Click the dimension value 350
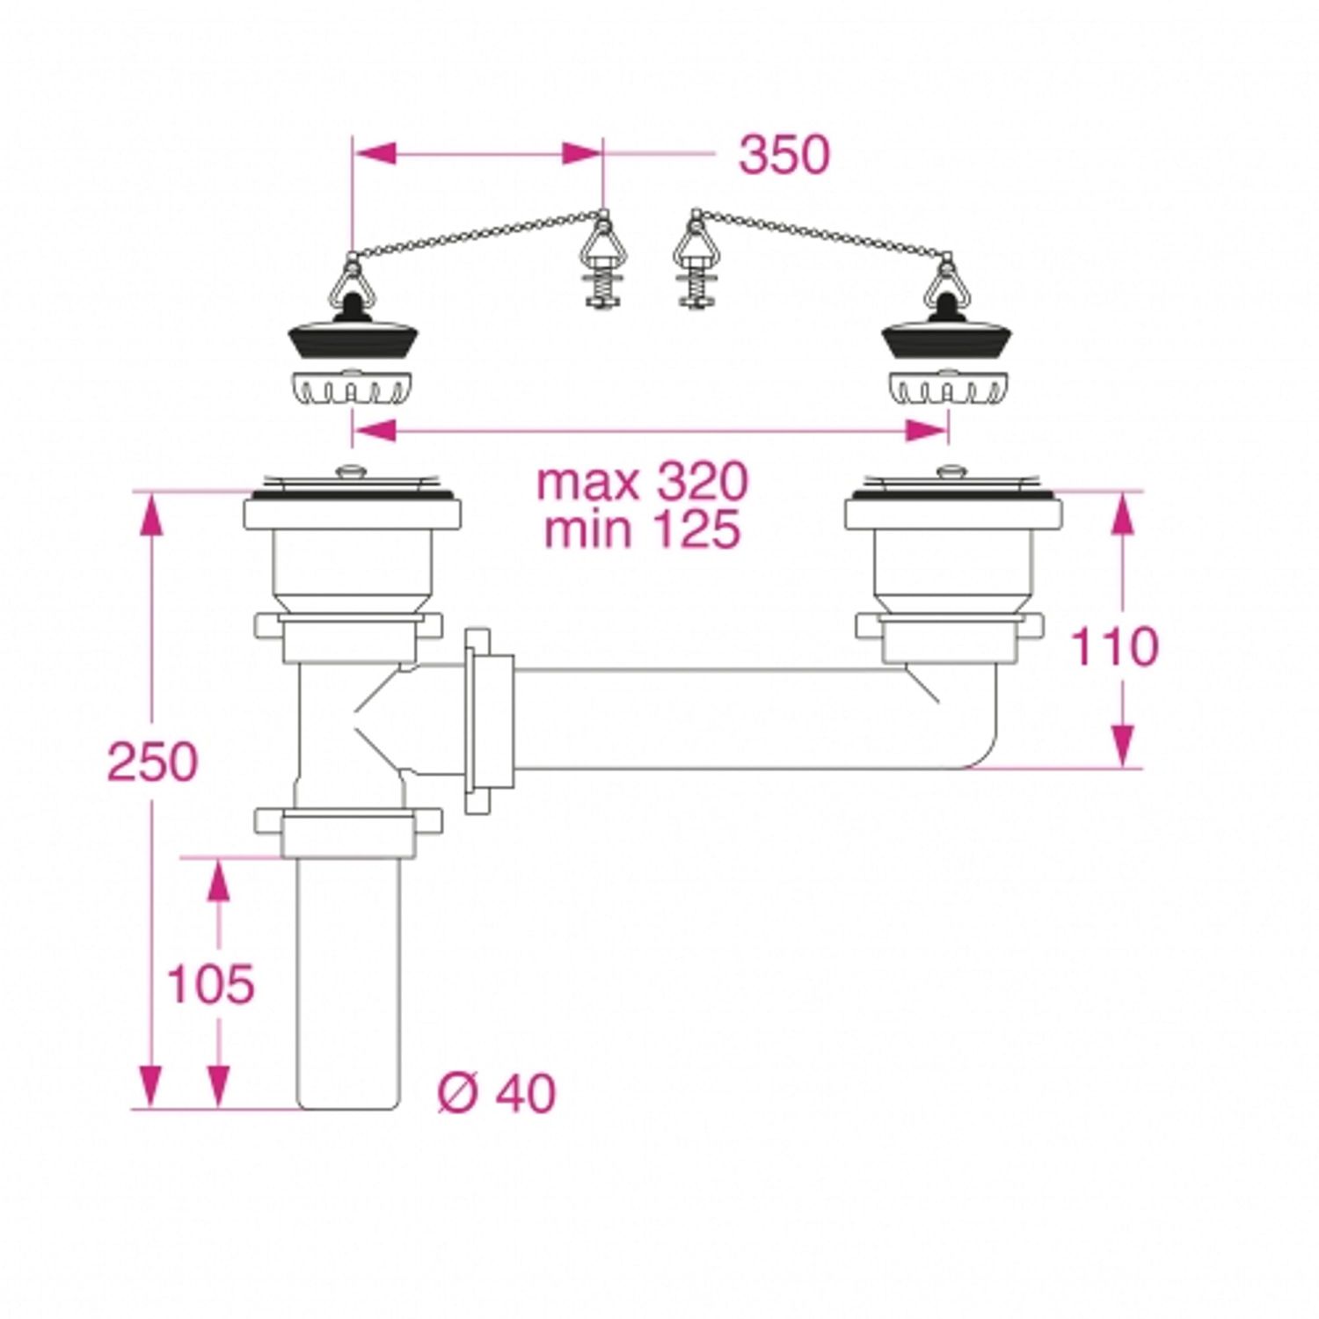(x=783, y=155)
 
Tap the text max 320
(x=642, y=481)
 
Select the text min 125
(x=642, y=529)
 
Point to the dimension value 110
(x=1113, y=647)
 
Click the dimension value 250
(x=152, y=762)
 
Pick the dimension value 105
(x=210, y=983)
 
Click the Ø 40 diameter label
(x=497, y=1093)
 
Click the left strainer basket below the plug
(x=353, y=386)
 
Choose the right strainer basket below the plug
(x=949, y=386)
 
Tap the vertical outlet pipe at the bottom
(x=348, y=985)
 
